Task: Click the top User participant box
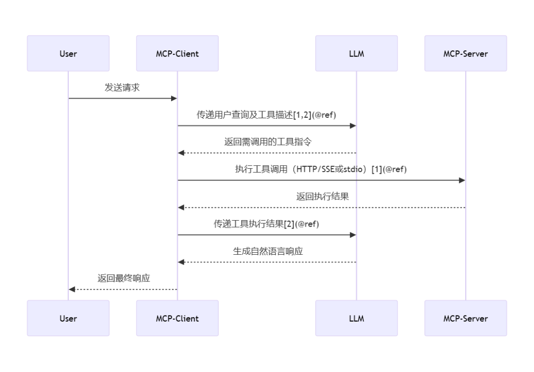[x=68, y=53]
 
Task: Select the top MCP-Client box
[x=178, y=53]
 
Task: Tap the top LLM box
[x=356, y=53]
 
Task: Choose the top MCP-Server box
[x=465, y=53]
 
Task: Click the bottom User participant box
[x=68, y=318]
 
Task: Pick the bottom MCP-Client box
[x=178, y=318]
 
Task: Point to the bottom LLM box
[x=356, y=318]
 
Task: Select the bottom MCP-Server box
[x=465, y=318]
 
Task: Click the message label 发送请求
[x=123, y=88]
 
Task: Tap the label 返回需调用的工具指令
[x=267, y=142]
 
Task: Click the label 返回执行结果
[x=322, y=196]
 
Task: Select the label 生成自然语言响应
[x=267, y=251]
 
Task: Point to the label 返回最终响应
[x=124, y=279]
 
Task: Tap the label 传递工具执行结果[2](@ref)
[x=267, y=224]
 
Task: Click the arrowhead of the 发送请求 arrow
[x=174, y=98]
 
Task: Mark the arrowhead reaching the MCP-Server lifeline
[x=462, y=180]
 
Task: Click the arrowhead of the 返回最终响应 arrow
[x=72, y=289]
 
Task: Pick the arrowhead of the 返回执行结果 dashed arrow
[x=181, y=208]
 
